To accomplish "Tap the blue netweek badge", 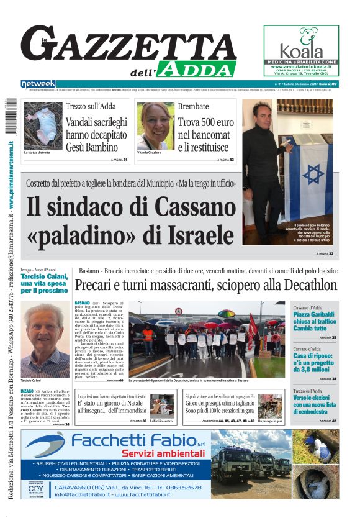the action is point(38,84).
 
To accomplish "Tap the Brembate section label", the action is point(193,106).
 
